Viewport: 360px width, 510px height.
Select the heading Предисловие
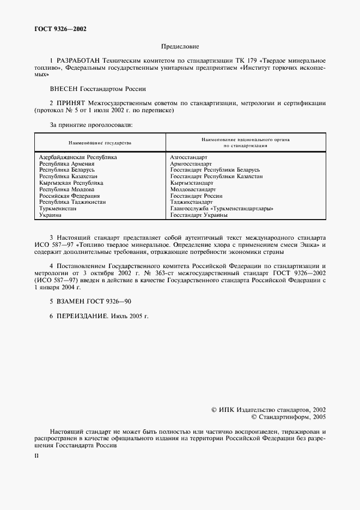click(180, 47)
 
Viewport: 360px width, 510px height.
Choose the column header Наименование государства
click(100, 143)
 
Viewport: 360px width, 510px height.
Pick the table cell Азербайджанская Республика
click(78, 157)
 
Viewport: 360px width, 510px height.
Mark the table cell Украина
click(50, 215)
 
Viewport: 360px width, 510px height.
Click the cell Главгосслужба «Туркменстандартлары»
click(222, 209)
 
